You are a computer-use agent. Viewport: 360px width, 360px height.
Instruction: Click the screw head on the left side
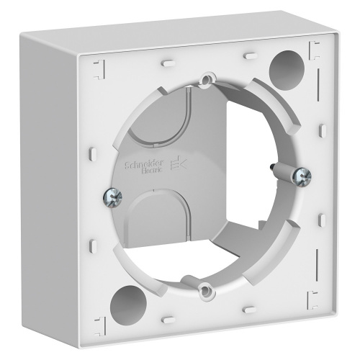pyautogui.click(x=112, y=194)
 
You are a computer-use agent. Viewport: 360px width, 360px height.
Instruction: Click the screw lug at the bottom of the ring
pyautogui.click(x=207, y=289)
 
